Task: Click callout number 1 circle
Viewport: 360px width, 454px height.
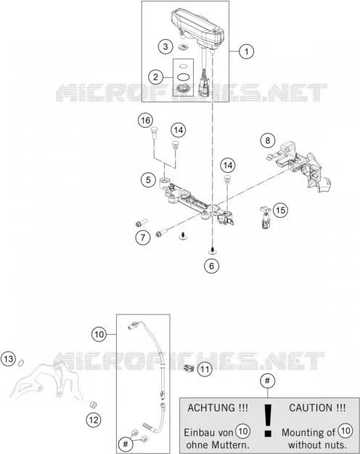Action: click(x=246, y=52)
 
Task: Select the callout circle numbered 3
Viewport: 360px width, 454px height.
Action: click(x=165, y=46)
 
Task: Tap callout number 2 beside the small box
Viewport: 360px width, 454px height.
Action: click(x=156, y=77)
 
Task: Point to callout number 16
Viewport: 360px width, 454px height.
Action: click(x=145, y=121)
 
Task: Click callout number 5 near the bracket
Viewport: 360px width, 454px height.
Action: click(x=148, y=180)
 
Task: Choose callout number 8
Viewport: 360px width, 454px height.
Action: click(x=268, y=140)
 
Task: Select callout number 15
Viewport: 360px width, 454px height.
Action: click(x=280, y=210)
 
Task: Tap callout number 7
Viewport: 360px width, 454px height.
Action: click(x=143, y=238)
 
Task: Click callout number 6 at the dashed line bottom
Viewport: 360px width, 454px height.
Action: click(x=211, y=266)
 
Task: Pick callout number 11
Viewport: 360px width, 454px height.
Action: click(x=205, y=370)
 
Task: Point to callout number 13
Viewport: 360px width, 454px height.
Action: click(x=9, y=359)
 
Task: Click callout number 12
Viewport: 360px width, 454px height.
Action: click(x=94, y=420)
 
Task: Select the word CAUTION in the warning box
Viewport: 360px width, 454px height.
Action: click(x=311, y=408)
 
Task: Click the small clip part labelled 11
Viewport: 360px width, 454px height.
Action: click(x=189, y=368)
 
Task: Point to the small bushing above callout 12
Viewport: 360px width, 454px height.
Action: click(x=93, y=404)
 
